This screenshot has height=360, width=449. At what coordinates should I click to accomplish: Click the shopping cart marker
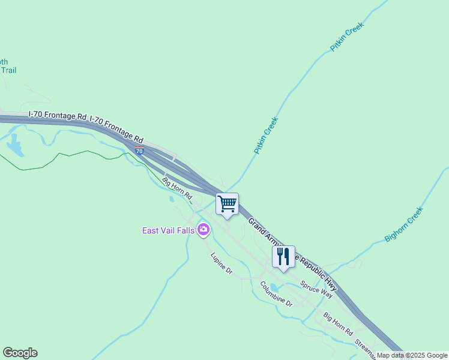[227, 204]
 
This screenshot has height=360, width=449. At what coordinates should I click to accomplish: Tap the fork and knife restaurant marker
[283, 257]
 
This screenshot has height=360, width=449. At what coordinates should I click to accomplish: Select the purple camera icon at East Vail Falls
[203, 230]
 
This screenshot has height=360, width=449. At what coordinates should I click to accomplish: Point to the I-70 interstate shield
[139, 151]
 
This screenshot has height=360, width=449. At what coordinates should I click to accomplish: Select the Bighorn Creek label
[404, 224]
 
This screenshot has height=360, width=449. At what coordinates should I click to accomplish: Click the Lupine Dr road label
[221, 263]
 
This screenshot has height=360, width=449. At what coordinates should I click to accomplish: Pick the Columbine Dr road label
[276, 293]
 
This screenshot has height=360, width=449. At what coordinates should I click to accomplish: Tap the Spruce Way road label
[316, 290]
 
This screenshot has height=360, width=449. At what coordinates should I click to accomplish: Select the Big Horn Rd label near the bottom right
[338, 323]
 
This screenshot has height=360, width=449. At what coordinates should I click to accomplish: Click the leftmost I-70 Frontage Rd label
[58, 115]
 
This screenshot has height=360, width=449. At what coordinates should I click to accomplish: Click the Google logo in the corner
[20, 353]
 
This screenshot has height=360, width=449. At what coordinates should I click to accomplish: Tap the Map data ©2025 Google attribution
[412, 356]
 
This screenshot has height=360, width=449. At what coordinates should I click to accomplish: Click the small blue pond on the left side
[14, 146]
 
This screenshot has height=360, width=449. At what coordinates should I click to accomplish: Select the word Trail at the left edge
[8, 70]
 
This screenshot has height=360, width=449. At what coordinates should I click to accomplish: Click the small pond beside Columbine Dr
[274, 286]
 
